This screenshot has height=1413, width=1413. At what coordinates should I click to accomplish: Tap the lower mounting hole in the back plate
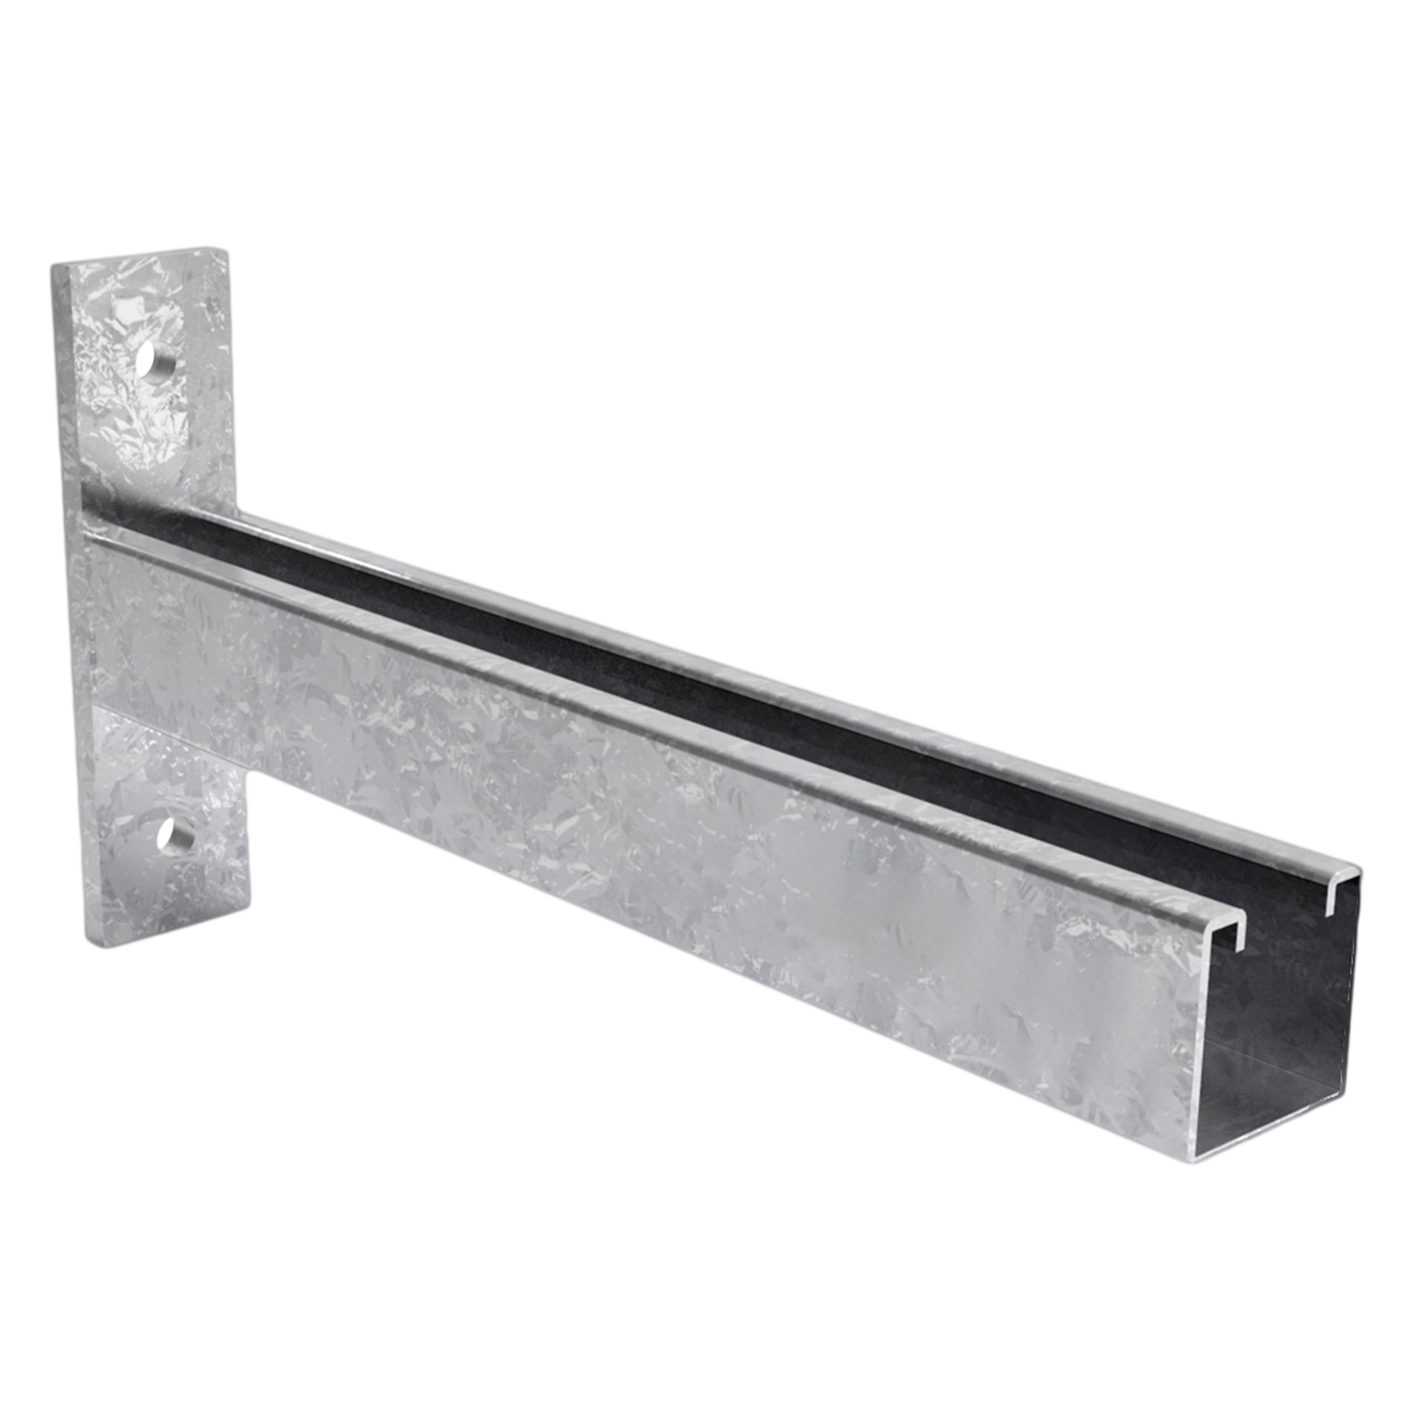176,835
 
